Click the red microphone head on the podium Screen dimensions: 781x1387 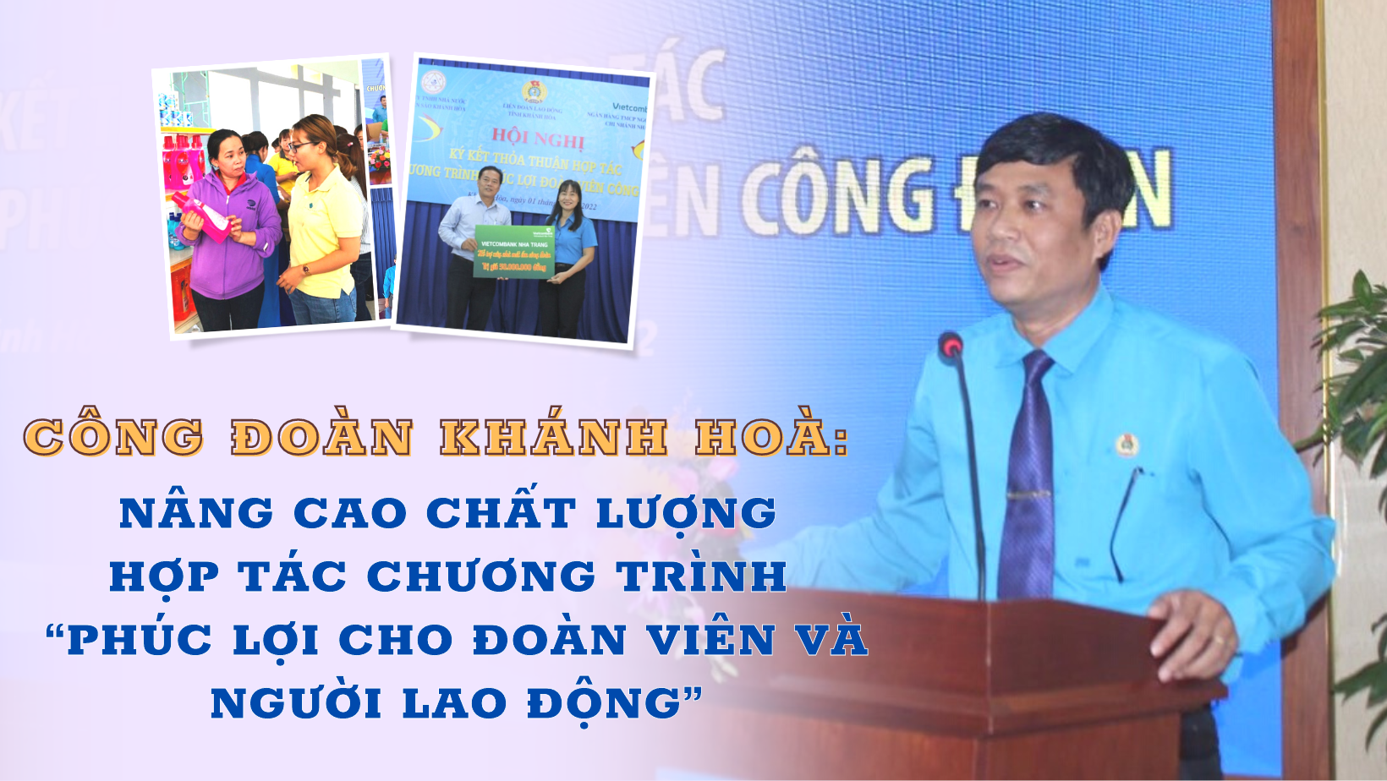click(x=951, y=345)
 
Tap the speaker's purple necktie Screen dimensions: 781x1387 click(x=1028, y=473)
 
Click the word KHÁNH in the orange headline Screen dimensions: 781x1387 click(x=554, y=438)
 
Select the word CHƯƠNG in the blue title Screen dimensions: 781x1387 click(x=481, y=576)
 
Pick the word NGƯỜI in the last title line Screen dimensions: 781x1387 click(x=295, y=703)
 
